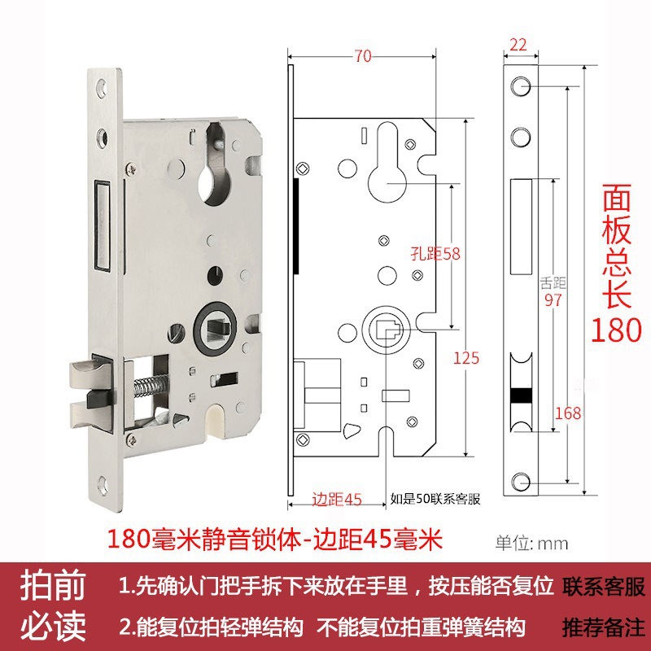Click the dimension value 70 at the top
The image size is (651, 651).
click(363, 56)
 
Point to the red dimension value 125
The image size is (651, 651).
click(467, 357)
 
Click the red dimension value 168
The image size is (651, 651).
click(567, 413)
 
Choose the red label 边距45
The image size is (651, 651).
click(336, 499)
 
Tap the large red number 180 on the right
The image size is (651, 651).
click(616, 330)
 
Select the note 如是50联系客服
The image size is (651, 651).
click(435, 499)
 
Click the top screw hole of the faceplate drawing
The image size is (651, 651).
click(519, 85)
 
